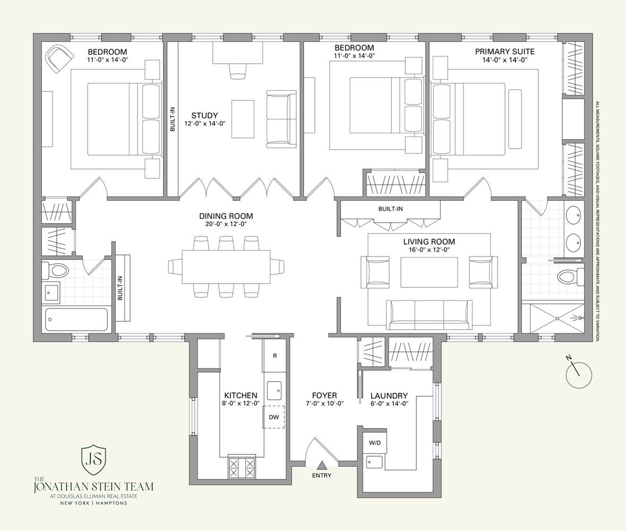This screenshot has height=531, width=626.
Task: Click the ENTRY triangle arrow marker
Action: coord(321,466)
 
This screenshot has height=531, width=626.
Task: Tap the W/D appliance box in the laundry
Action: coord(375,442)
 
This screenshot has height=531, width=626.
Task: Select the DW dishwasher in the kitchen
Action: coord(273,417)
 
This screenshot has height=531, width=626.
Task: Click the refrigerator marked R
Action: coord(275,355)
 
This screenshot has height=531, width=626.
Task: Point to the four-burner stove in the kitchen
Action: coord(242,467)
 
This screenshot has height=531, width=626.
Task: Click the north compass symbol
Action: coord(578,374)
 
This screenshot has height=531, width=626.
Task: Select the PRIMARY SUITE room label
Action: coord(504,52)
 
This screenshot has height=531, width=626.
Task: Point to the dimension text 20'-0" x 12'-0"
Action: coord(226,224)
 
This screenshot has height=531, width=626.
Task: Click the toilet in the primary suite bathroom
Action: coord(569,276)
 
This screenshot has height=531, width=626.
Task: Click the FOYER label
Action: coord(324,396)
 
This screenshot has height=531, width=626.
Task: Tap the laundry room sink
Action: coord(375,461)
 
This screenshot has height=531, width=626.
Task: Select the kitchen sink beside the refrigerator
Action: coord(274,390)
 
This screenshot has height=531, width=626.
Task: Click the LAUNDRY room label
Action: coord(389,396)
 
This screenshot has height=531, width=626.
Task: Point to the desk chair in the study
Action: coord(238,70)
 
